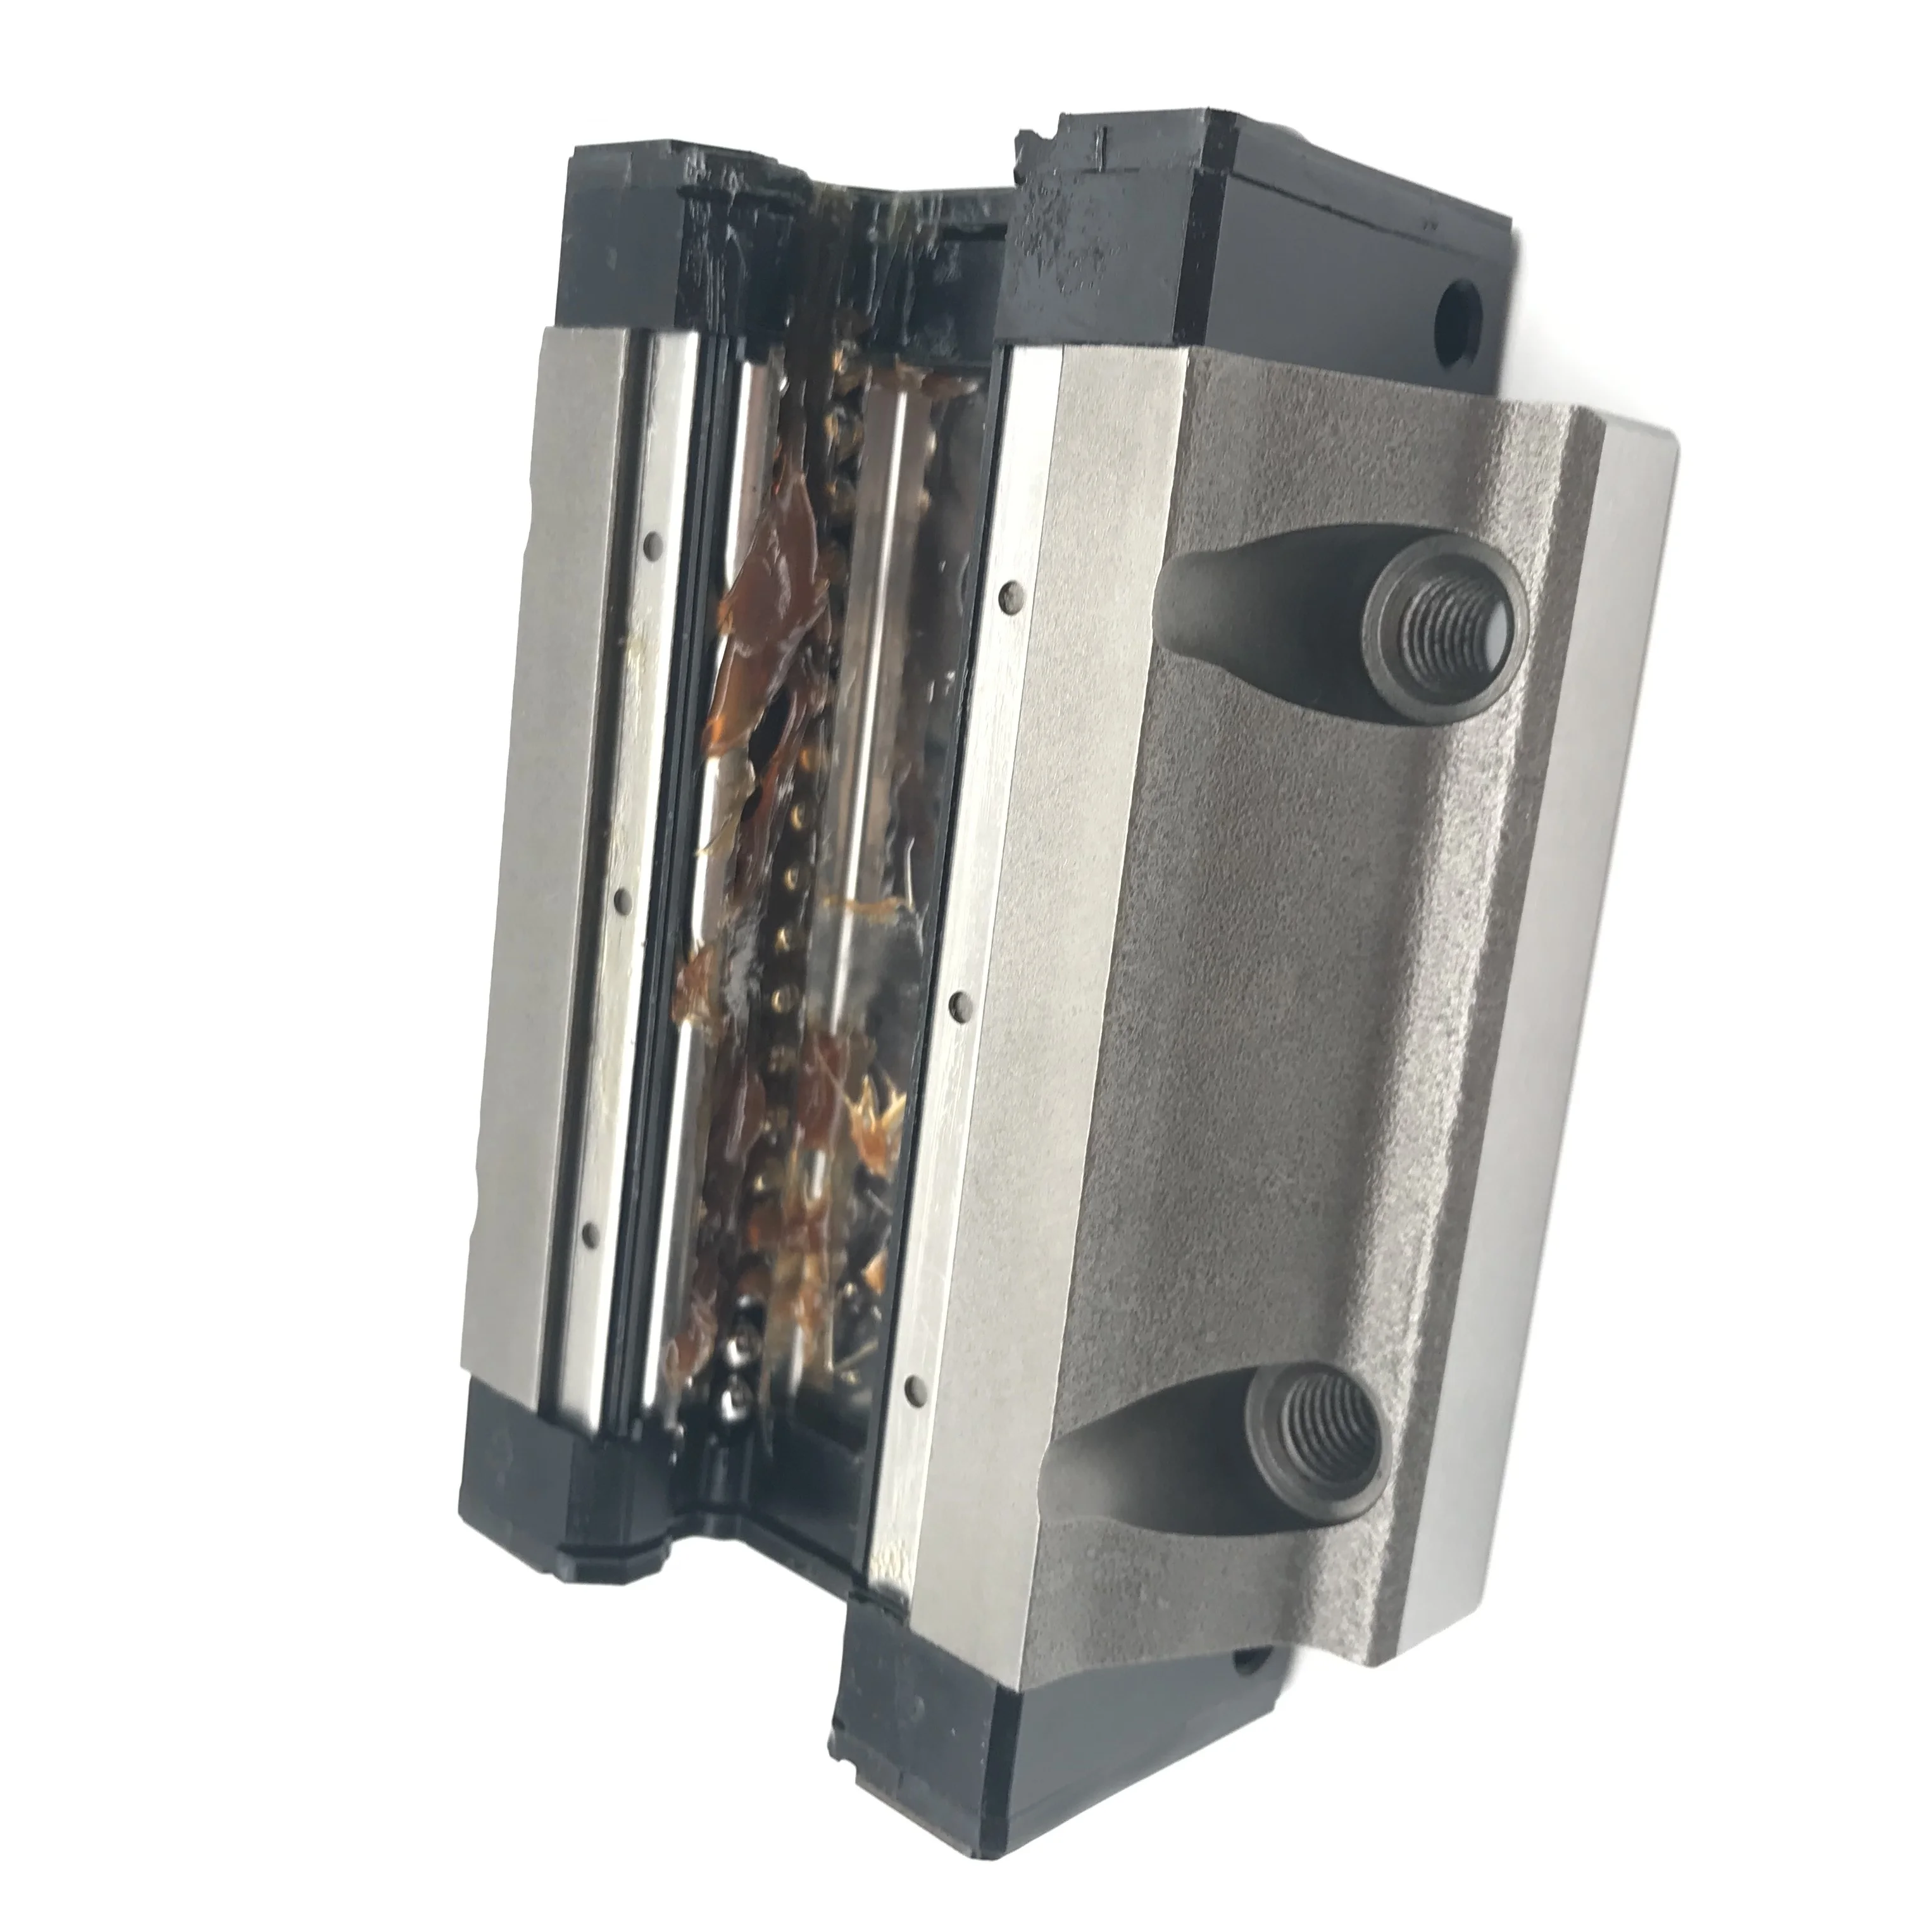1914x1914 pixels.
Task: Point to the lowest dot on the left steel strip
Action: coord(592,1230)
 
